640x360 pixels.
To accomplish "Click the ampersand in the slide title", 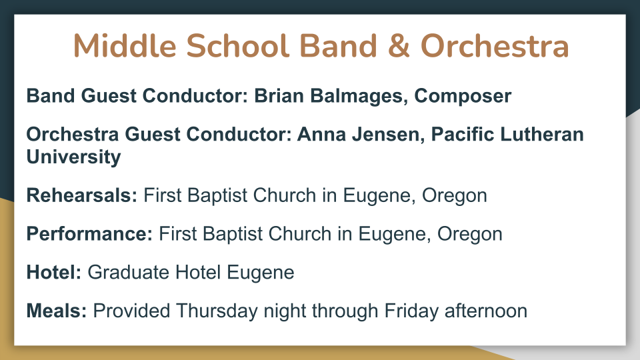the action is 399,46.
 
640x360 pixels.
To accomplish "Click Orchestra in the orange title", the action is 494,46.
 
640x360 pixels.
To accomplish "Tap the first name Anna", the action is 321,135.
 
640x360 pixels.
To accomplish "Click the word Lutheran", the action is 541,135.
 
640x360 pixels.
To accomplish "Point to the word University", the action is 73,157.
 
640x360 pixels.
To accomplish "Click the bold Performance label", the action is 89,234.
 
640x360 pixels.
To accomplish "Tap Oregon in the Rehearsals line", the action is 454,196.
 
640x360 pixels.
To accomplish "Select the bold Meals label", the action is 57,311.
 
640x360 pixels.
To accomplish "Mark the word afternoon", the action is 486,311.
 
